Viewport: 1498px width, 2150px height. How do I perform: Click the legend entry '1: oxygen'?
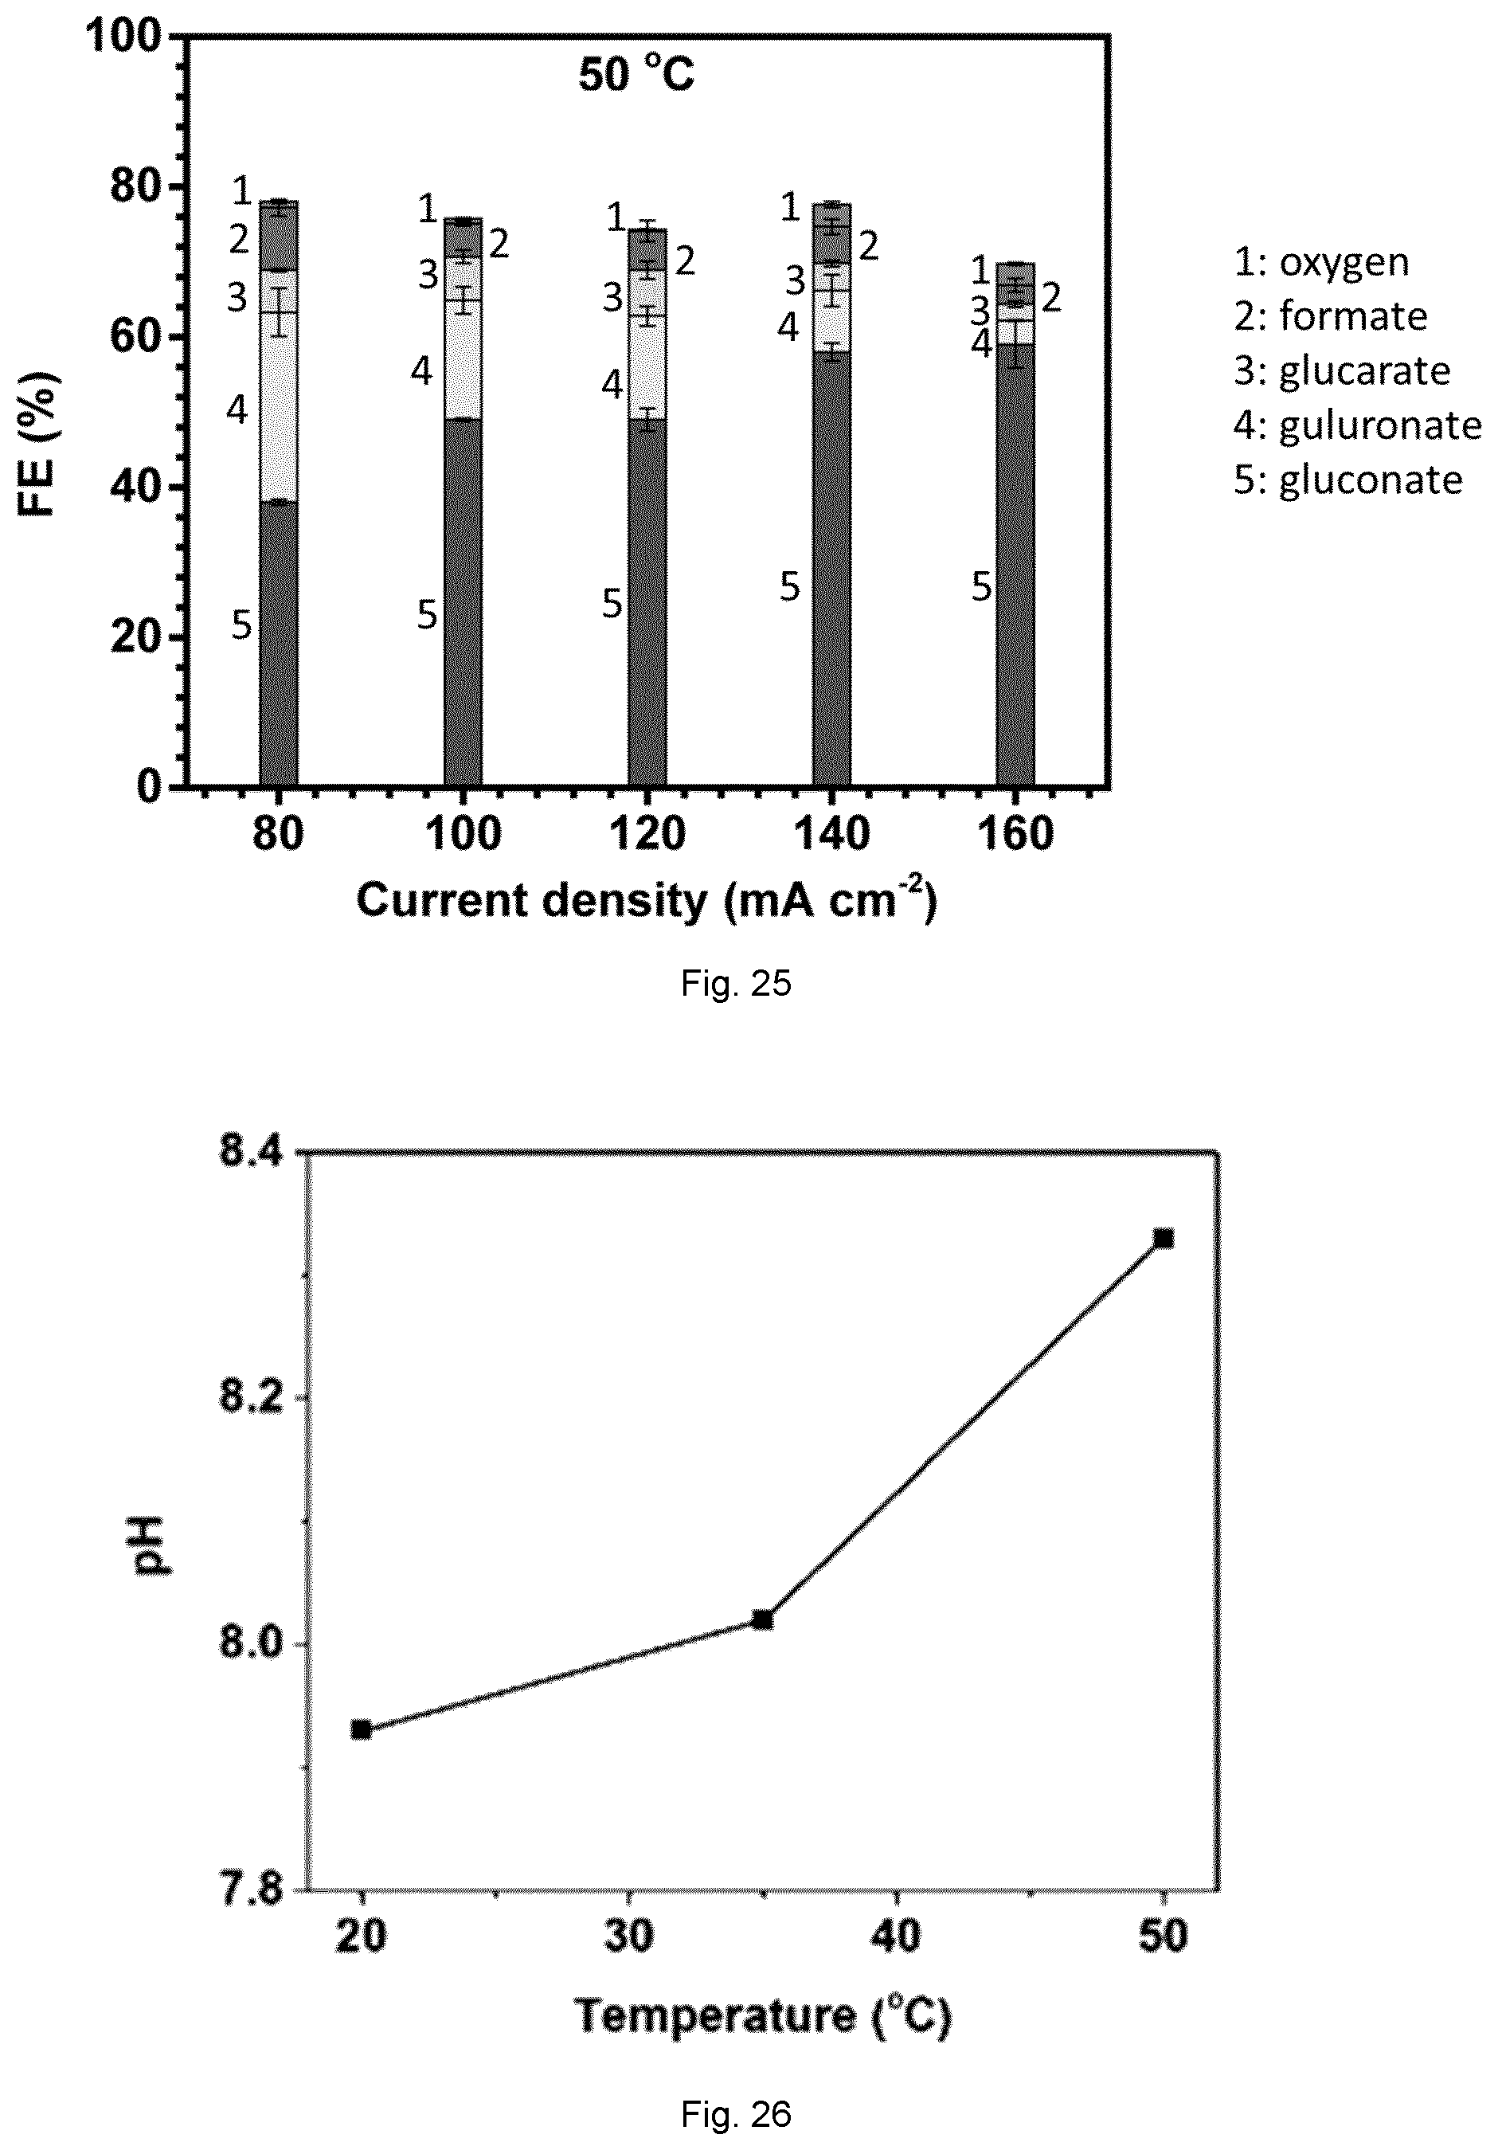pos(1321,262)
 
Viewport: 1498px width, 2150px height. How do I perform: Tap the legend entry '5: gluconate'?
pos(1348,480)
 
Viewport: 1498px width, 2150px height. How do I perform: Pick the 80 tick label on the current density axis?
pos(277,832)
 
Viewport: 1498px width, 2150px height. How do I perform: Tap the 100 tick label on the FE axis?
pos(124,37)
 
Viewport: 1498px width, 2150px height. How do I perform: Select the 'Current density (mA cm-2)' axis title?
pos(646,900)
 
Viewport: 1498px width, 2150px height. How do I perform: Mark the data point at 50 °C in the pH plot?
pos(1164,1239)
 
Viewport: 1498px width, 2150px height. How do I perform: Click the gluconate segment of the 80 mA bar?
pos(278,644)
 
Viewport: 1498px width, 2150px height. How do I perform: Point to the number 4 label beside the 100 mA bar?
pos(421,372)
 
